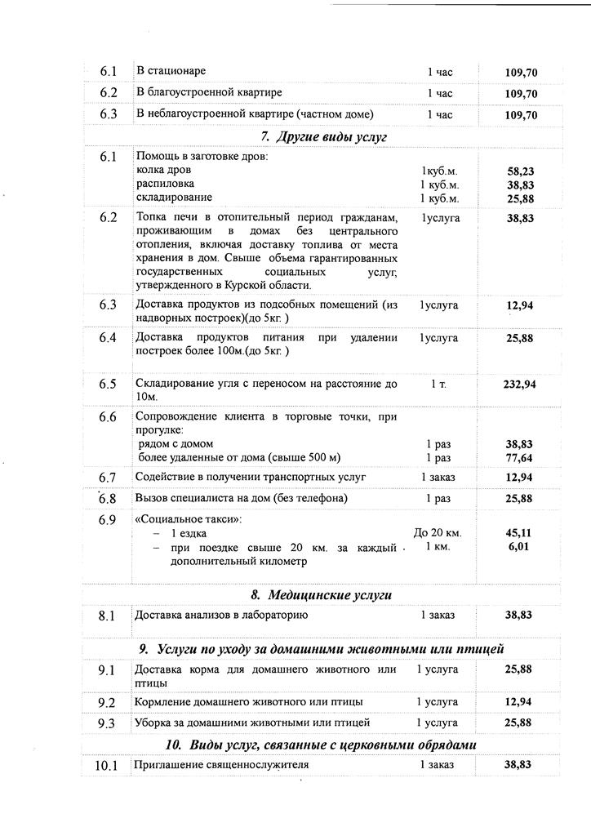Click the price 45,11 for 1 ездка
pyautogui.click(x=520, y=533)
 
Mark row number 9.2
pyautogui.click(x=107, y=702)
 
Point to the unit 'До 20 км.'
pyautogui.click(x=438, y=533)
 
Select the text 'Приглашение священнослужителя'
pyautogui.click(x=222, y=765)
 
